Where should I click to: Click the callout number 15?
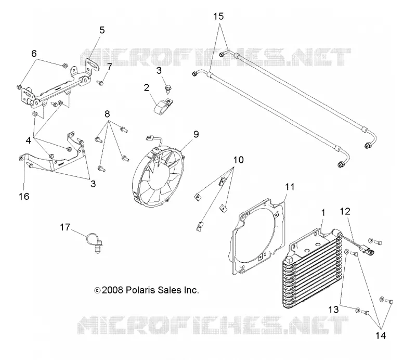(218, 17)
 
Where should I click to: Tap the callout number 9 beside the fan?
(196, 134)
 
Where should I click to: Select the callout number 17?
(65, 227)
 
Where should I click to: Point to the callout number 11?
(290, 187)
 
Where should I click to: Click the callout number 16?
(24, 197)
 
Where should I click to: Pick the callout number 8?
(107, 114)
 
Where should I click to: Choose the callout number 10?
(238, 160)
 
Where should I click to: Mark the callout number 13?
(333, 310)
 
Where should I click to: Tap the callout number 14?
(381, 336)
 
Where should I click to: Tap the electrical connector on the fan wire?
(149, 137)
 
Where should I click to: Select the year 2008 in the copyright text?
(112, 290)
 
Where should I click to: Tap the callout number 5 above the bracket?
(102, 30)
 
